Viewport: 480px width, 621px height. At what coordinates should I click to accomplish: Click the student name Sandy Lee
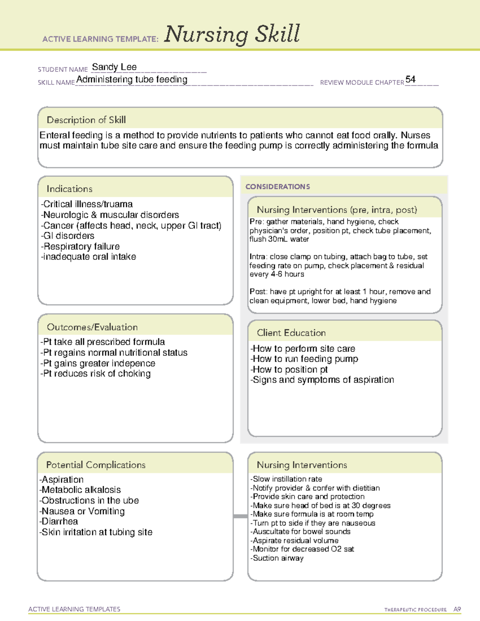click(114, 67)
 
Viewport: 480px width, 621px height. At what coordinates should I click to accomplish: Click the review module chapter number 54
click(410, 79)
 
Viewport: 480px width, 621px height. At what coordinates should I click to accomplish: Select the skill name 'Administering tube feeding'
click(132, 80)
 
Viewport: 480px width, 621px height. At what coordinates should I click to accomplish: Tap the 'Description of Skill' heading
click(86, 120)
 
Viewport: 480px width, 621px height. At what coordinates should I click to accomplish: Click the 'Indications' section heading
click(69, 189)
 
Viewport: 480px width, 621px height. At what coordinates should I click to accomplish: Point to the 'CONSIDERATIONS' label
click(277, 187)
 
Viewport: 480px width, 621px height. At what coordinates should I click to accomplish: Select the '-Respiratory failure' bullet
click(80, 246)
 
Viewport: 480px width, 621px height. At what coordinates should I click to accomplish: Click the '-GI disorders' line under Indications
click(68, 236)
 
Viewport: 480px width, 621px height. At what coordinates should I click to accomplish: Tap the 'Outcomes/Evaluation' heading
click(92, 327)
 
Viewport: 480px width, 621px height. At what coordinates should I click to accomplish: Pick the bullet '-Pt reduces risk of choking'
click(96, 373)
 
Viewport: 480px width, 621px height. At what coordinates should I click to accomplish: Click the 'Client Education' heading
click(291, 333)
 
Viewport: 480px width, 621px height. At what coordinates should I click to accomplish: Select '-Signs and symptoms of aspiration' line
click(322, 380)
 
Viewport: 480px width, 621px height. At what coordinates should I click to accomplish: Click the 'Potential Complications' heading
click(96, 465)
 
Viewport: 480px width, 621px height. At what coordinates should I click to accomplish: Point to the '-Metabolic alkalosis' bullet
click(80, 490)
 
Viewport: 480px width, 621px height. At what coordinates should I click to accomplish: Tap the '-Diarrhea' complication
click(59, 521)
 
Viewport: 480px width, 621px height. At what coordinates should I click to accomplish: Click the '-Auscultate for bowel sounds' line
click(300, 532)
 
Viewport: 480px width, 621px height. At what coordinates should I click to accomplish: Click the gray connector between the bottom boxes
click(240, 516)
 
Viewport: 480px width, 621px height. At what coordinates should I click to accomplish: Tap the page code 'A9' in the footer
click(457, 609)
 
